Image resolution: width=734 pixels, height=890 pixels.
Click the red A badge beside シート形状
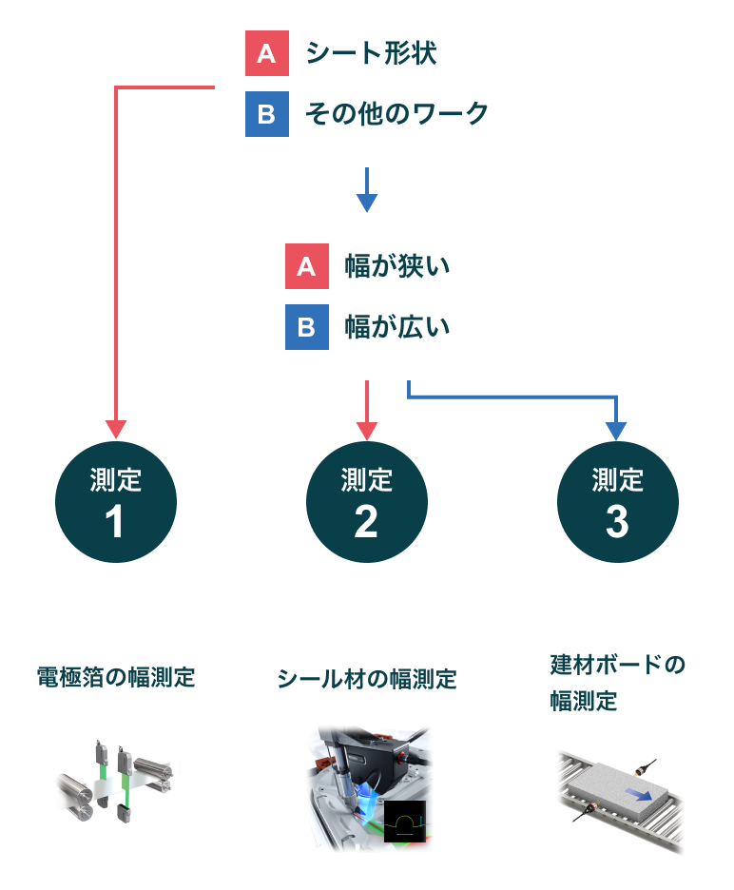tap(266, 53)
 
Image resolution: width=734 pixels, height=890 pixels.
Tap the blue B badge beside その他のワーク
tap(266, 114)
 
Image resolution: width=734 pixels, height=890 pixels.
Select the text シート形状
tap(371, 53)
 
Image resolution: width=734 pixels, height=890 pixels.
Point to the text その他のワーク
tap(396, 114)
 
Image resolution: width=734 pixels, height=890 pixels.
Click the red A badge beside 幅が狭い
tap(306, 266)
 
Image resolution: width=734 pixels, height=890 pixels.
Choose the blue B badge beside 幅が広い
tap(306, 327)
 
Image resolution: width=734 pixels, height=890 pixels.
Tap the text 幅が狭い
tap(396, 266)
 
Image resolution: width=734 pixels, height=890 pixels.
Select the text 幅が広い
tap(396, 327)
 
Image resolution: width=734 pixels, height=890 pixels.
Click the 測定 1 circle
tap(116, 502)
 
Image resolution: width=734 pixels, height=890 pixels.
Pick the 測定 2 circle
tap(367, 502)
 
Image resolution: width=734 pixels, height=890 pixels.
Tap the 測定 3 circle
tap(617, 502)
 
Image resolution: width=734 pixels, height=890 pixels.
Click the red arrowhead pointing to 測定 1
tap(116, 430)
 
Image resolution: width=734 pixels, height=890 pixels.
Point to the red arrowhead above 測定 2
tap(367, 430)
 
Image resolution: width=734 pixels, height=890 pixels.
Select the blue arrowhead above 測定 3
tap(617, 430)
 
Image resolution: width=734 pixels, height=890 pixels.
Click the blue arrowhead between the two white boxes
tap(367, 202)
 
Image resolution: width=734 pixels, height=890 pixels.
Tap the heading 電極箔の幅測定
tap(116, 677)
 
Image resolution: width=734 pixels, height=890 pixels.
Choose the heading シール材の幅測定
tap(367, 679)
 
